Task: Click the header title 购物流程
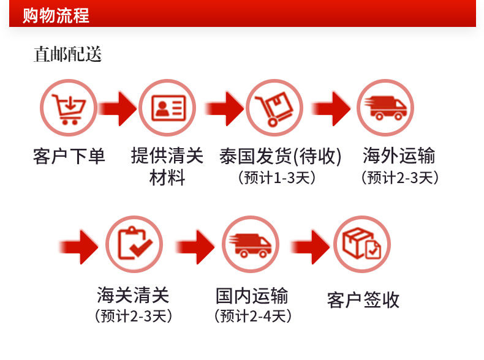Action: point(56,15)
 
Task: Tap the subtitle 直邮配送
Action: point(67,55)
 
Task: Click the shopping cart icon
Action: point(68,108)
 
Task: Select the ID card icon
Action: point(167,108)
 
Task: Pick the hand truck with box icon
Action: point(274,108)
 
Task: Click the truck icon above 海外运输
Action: point(385,108)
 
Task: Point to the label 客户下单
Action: point(69,156)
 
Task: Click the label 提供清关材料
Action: point(167,167)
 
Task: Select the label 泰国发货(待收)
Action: point(280,156)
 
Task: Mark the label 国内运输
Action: point(252,296)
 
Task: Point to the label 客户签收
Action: point(363,299)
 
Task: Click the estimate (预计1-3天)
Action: point(276,178)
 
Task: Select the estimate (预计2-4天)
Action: point(252,316)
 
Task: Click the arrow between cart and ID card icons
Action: point(116,109)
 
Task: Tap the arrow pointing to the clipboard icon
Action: point(79,246)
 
